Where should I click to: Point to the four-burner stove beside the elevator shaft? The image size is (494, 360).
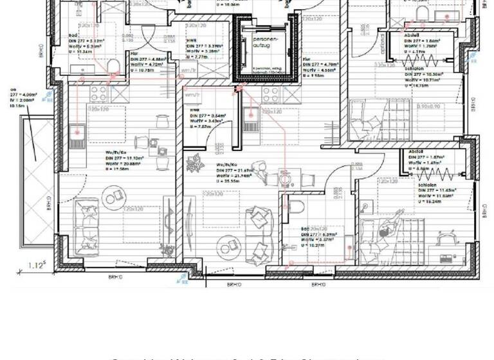point(270,94)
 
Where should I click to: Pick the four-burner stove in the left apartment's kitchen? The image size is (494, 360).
point(98,94)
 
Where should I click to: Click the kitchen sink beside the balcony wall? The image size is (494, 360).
point(77,132)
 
